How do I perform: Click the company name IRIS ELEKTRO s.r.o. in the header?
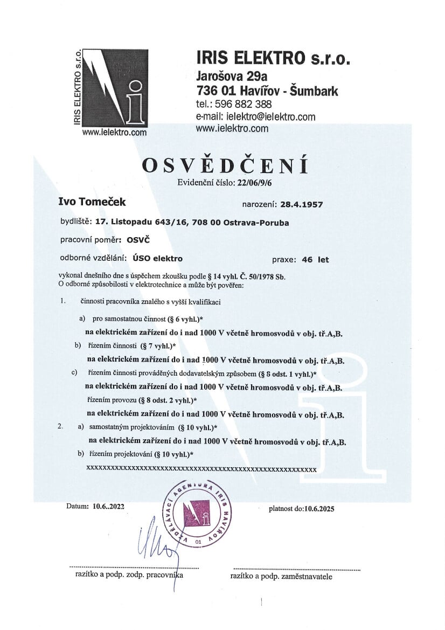click(x=273, y=58)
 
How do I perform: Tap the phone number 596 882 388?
click(x=247, y=104)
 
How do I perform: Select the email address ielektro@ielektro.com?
click(x=271, y=117)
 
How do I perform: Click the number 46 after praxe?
click(x=308, y=259)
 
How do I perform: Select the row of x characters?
click(x=201, y=469)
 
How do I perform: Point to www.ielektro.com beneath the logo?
click(x=114, y=131)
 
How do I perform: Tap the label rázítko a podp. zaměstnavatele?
click(x=281, y=576)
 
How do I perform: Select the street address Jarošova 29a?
click(x=232, y=75)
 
